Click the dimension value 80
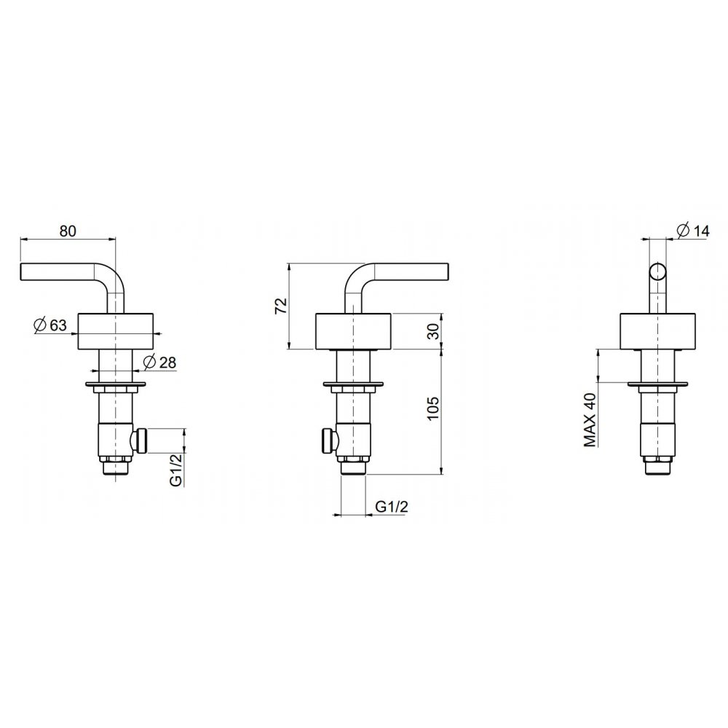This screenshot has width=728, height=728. [68, 231]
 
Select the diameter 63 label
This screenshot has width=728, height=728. [51, 325]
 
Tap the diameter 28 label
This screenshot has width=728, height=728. [160, 362]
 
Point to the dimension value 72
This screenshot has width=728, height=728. [281, 306]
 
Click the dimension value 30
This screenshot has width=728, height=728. [432, 331]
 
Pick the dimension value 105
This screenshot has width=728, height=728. [432, 408]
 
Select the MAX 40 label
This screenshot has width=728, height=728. [590, 420]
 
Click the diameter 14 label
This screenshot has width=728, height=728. [694, 230]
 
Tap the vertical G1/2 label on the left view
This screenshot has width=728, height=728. [176, 469]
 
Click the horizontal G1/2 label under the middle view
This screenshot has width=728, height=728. [392, 507]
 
